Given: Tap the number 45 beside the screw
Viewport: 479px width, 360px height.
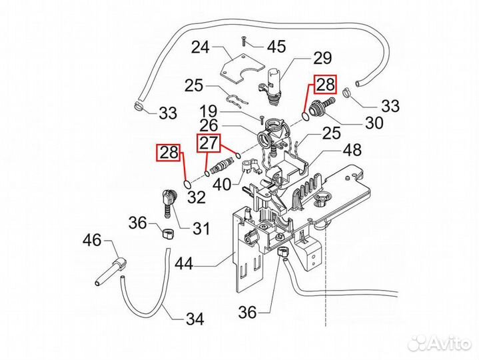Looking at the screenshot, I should [276, 46].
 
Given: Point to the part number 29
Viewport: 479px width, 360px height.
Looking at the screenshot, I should [322, 56].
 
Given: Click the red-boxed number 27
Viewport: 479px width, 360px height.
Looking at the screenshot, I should [207, 143].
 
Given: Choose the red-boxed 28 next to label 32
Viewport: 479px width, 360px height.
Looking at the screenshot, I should [168, 153].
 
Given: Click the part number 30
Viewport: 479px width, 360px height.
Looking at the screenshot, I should [374, 123].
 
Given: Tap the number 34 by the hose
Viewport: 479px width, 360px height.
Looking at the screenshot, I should [193, 319].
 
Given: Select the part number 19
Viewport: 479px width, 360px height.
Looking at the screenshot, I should [208, 111].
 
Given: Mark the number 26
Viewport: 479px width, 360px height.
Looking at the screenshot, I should [208, 125].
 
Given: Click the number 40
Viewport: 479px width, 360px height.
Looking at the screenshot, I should [221, 184].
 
